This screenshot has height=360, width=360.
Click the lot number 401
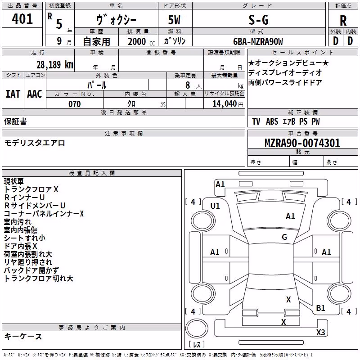pyautogui.click(x=22, y=19)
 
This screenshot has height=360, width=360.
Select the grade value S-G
pyautogui.click(x=258, y=20)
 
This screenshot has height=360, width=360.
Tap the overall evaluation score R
pyautogui.click(x=343, y=21)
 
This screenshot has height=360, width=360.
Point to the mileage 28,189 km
pyautogui.click(x=55, y=65)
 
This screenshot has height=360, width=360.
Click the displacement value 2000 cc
pyautogui.click(x=141, y=41)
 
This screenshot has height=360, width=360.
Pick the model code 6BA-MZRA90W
pyautogui.click(x=258, y=41)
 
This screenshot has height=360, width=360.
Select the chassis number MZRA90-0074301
pyautogui.click(x=302, y=143)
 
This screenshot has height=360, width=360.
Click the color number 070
pyautogui.click(x=75, y=104)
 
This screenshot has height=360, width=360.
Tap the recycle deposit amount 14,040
pyautogui.click(x=225, y=104)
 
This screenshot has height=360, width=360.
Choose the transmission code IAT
pyautogui.click(x=13, y=94)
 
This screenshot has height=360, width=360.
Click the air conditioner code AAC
pyautogui.click(x=35, y=94)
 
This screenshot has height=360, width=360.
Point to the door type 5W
pyautogui.click(x=174, y=20)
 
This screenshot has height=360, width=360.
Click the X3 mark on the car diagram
pyautogui.click(x=320, y=332)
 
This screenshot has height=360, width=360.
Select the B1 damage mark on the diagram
pyautogui.click(x=320, y=308)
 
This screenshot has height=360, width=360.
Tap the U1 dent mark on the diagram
pyautogui.click(x=215, y=206)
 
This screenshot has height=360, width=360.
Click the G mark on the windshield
pyautogui.click(x=284, y=237)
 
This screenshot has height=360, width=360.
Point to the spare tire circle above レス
pyautogui.click(x=197, y=328)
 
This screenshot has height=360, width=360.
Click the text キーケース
pyautogui.click(x=23, y=337)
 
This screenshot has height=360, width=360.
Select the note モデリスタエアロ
pyautogui.click(x=35, y=143)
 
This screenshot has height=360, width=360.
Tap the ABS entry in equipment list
pyautogui.click(x=272, y=121)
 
